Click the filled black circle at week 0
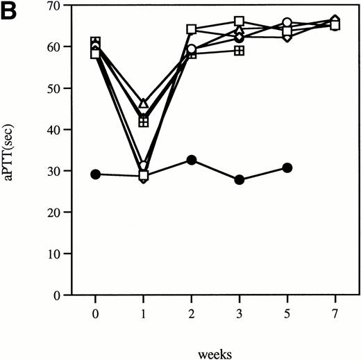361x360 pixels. tap(96, 174)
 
